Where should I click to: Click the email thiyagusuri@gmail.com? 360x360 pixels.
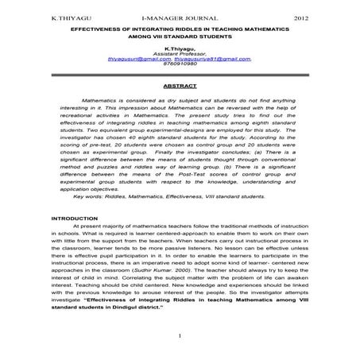138,59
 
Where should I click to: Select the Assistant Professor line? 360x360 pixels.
180,53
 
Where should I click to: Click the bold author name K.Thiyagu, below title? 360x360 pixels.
180,48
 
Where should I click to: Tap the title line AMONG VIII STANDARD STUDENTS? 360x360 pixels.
180,37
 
